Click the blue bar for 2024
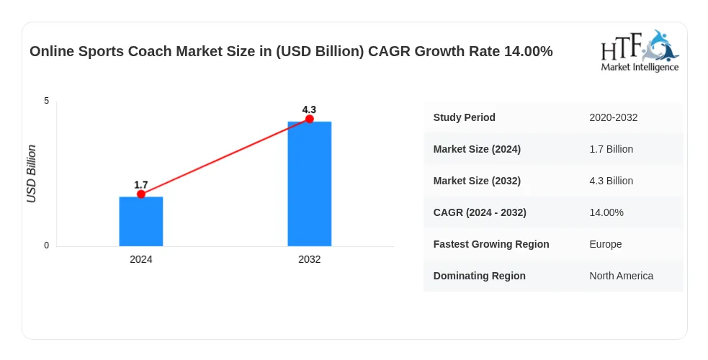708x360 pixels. (141, 222)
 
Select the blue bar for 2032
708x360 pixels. (309, 184)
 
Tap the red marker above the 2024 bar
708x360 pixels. (141, 194)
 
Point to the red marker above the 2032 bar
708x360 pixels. (309, 119)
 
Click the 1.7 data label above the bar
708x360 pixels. (141, 185)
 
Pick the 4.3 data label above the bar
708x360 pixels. (309, 109)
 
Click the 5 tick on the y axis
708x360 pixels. (47, 101)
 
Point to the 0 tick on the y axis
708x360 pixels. (47, 246)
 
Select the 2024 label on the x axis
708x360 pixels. (141, 259)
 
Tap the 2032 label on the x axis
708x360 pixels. (309, 259)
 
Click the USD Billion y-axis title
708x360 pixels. (31, 174)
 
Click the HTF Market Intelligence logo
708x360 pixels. (640, 51)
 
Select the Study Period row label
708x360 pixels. (464, 117)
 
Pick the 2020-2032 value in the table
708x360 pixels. (614, 117)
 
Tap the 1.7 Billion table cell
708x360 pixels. (611, 149)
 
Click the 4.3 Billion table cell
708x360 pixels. (611, 181)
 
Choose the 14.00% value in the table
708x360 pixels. (606, 212)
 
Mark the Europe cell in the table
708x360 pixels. (606, 244)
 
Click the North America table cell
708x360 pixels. (622, 276)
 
